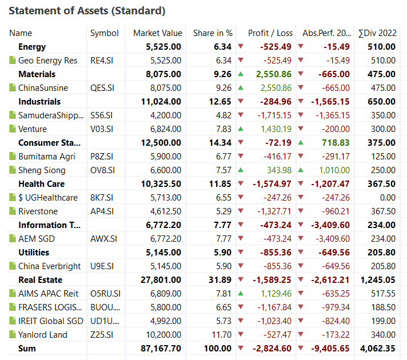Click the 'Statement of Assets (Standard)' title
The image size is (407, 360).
tap(87, 11)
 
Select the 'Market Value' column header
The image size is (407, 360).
tap(157, 33)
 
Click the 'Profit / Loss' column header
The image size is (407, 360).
tap(270, 33)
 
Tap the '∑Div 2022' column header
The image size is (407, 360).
tap(376, 33)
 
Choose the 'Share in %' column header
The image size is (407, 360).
tap(213, 33)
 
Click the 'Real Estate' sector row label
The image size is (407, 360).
tap(40, 280)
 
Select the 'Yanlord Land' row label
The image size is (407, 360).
tap(42, 335)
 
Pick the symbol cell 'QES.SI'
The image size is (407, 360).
tap(102, 88)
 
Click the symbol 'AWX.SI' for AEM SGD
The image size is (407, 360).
tap(103, 239)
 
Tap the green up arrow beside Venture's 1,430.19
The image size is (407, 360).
tap(241, 129)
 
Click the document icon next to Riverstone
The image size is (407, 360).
tap(13, 211)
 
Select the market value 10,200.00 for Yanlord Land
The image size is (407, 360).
tap(162, 335)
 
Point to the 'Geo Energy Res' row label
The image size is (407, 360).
tap(47, 61)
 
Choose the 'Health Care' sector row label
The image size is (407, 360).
tap(41, 184)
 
